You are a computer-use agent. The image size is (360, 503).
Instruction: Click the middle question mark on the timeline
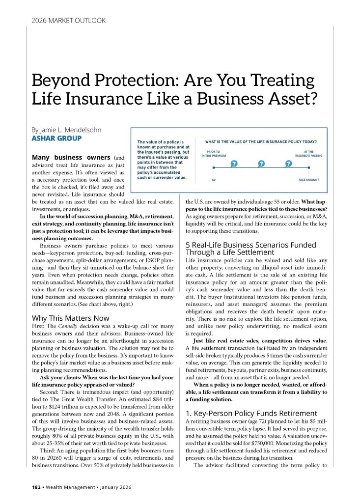pos(261,163)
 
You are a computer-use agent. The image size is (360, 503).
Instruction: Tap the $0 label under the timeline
pos(214,180)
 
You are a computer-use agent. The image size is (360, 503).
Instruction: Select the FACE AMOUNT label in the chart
pos(308,180)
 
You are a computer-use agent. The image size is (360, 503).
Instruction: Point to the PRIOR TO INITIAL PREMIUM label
pos(213,154)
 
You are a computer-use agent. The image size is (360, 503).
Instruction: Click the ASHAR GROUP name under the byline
pos(56,138)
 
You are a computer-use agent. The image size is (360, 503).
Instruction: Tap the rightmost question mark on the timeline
pos(289,163)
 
